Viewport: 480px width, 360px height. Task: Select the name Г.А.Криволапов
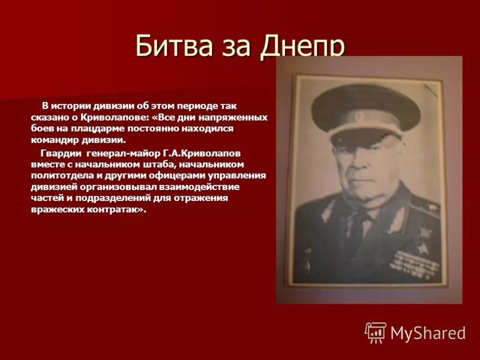[x=201, y=153]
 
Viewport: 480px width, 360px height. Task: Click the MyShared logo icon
[x=376, y=332]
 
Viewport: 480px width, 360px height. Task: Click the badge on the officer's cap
[x=359, y=116]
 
